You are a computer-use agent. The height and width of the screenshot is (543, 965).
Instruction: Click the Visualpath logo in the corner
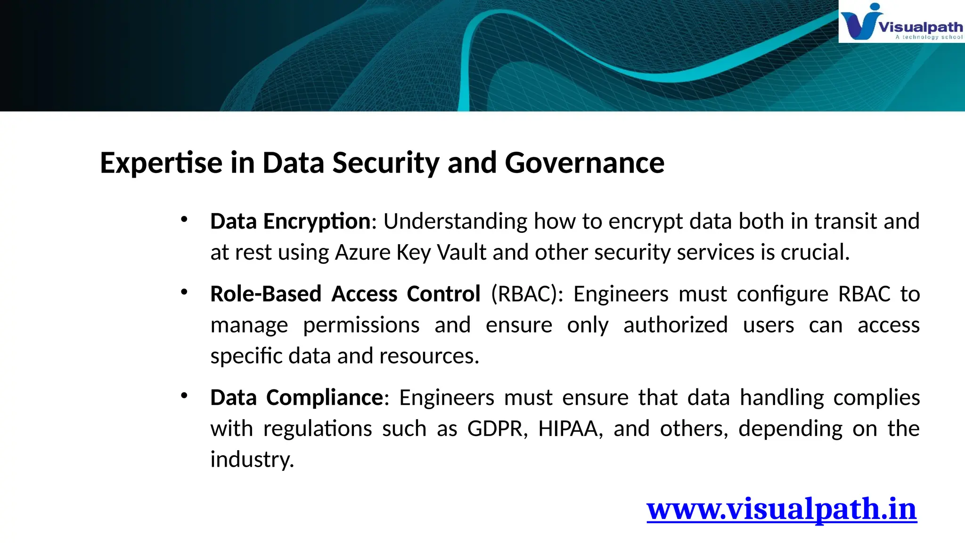(x=901, y=22)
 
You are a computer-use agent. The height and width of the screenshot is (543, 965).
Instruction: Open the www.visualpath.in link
(x=781, y=509)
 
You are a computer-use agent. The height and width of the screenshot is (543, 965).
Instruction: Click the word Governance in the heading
(x=584, y=163)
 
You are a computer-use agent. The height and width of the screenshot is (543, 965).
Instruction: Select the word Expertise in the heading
(x=161, y=163)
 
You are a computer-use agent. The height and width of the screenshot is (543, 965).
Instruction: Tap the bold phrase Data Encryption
(x=290, y=222)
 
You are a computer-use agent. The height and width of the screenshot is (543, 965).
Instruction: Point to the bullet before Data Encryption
(x=184, y=219)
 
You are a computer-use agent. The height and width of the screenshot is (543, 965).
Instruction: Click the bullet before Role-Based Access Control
(x=184, y=292)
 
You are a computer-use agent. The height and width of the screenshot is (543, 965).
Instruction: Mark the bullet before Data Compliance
(x=184, y=396)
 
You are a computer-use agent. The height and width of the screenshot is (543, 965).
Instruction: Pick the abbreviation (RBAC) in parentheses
(x=527, y=294)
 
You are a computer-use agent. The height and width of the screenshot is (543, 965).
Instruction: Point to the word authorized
(x=675, y=325)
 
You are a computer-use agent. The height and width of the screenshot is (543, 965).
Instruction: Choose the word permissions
(x=361, y=325)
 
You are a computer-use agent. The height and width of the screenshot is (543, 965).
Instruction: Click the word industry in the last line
(x=252, y=460)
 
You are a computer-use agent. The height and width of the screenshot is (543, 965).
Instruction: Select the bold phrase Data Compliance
(x=297, y=398)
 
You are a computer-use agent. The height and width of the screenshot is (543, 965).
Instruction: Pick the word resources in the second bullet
(x=429, y=356)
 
